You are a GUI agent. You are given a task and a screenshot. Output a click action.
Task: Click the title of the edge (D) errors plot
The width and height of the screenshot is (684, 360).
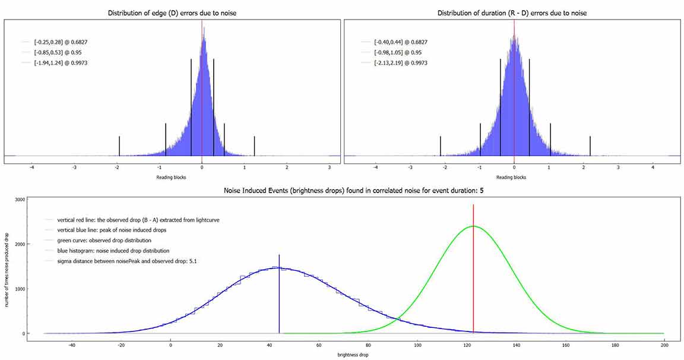point(173,13)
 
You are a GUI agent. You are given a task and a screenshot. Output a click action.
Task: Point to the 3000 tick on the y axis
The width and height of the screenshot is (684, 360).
point(19,200)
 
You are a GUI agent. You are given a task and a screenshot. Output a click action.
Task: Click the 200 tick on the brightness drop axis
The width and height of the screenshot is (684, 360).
point(664,345)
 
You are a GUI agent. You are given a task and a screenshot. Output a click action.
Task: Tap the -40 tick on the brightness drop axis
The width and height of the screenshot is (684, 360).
point(72,345)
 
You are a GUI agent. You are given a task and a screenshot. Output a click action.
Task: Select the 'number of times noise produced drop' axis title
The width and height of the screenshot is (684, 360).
point(6,266)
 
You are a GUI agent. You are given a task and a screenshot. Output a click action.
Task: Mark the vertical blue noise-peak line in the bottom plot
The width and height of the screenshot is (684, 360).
point(279,297)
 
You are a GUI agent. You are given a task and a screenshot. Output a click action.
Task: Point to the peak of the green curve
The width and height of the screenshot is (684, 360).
point(473,226)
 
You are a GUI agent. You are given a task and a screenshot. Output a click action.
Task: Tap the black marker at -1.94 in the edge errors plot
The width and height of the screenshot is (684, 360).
point(119,146)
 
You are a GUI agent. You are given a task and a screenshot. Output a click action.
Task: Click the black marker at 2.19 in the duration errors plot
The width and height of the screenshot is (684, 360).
point(590,146)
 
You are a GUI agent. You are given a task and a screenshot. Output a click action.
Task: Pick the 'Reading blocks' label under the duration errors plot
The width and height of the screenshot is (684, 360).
point(511,177)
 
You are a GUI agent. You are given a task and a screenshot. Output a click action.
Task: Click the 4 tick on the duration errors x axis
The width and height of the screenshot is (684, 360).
point(653,168)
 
